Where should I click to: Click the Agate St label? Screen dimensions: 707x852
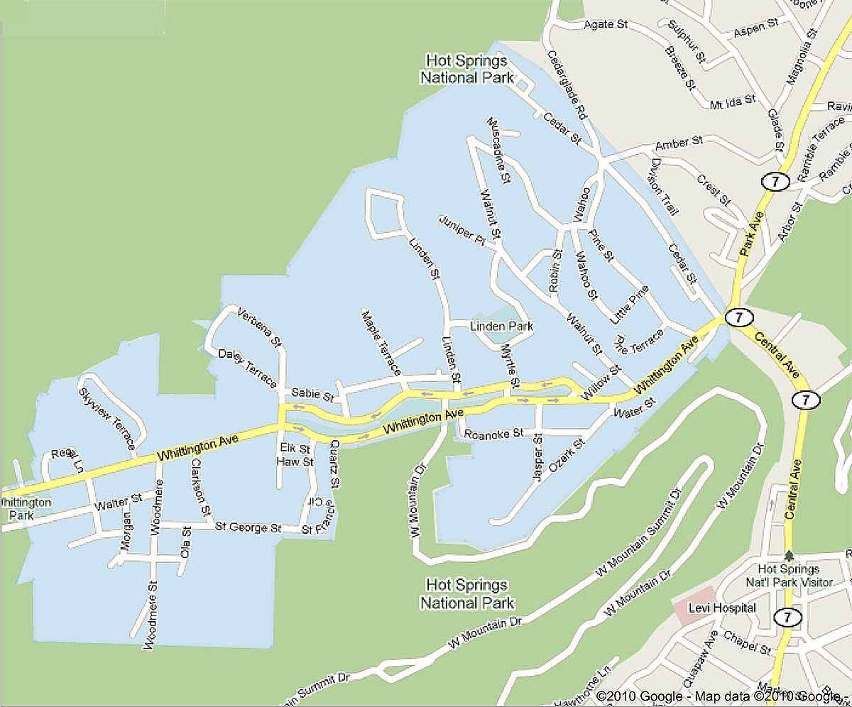click(x=606, y=24)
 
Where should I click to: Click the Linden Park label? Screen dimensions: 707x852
click(x=502, y=327)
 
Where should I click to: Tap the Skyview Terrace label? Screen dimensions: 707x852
click(x=107, y=418)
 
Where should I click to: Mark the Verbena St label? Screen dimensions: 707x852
click(x=261, y=328)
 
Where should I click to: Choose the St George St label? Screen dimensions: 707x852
click(x=248, y=528)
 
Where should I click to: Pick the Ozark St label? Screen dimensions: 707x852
click(x=566, y=454)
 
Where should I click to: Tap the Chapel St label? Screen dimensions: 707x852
click(x=746, y=640)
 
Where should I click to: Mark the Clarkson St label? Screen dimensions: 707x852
click(x=198, y=486)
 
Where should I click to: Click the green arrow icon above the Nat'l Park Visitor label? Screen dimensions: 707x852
click(x=789, y=556)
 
